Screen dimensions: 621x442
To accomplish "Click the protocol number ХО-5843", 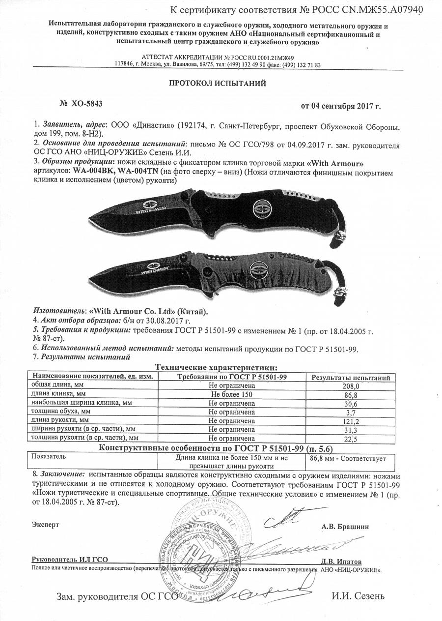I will click(x=87, y=104).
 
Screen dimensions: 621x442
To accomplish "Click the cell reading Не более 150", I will click(x=231, y=395).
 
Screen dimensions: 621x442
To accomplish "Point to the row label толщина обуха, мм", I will click(x=61, y=412).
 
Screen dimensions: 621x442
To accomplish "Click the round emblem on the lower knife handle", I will click(x=259, y=269).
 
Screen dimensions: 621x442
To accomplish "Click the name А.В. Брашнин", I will click(x=345, y=527).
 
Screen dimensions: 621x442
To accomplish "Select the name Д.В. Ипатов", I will click(x=341, y=561).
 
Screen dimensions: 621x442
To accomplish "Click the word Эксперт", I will click(x=46, y=525).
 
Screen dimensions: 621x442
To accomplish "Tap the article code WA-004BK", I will click(x=93, y=172).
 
